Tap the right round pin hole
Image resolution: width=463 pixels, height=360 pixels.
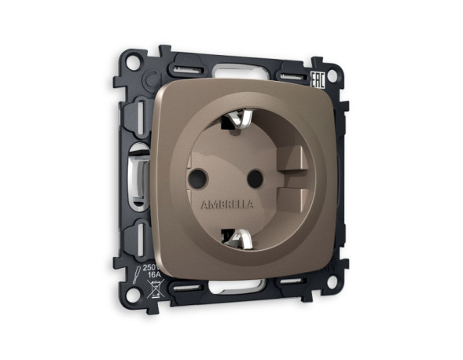pyautogui.click(x=253, y=178)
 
